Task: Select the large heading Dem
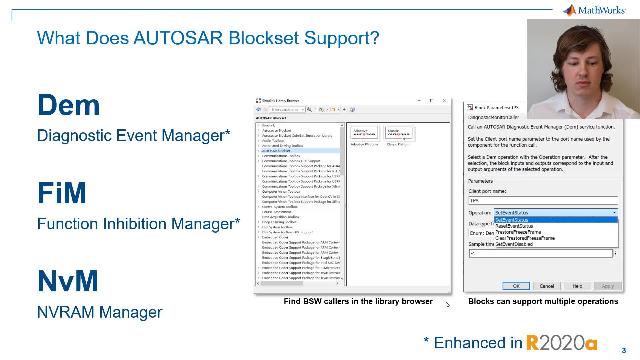(x=70, y=105)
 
